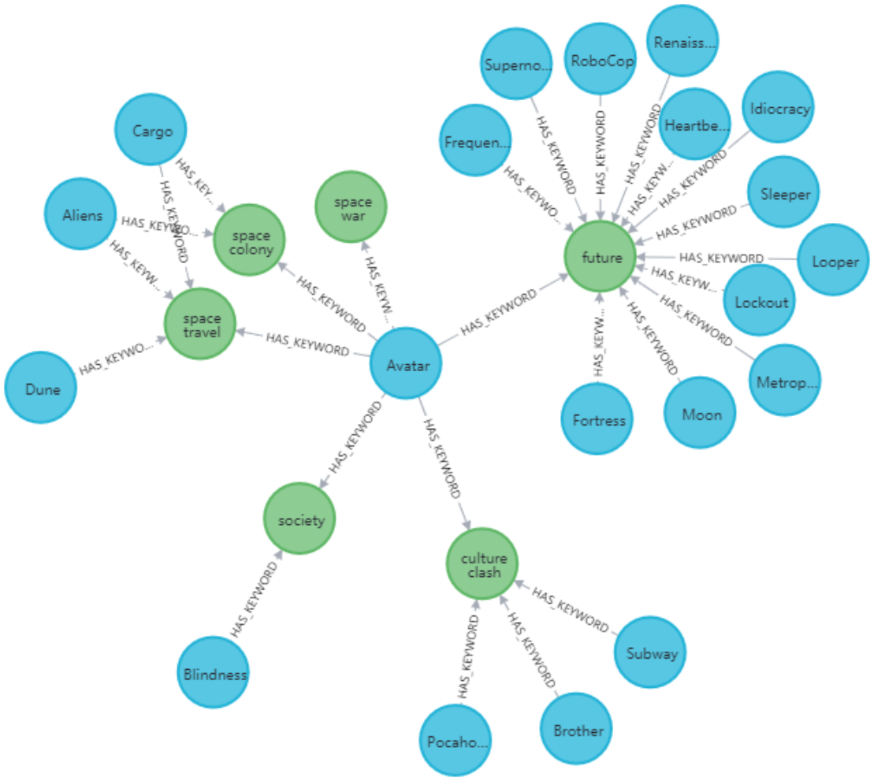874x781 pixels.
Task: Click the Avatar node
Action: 405,364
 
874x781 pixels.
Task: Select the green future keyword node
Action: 600,256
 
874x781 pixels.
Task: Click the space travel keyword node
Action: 199,324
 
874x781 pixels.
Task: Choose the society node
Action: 299,519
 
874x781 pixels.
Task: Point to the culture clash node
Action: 482,564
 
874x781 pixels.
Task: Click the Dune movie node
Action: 39,388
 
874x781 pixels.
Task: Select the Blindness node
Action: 213,674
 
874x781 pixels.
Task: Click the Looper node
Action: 833,261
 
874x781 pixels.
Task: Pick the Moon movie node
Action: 701,415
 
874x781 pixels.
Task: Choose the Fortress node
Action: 598,419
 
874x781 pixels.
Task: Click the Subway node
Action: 650,652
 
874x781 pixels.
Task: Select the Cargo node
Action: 152,131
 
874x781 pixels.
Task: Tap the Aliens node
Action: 83,214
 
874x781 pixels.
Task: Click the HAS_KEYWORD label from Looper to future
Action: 720,258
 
